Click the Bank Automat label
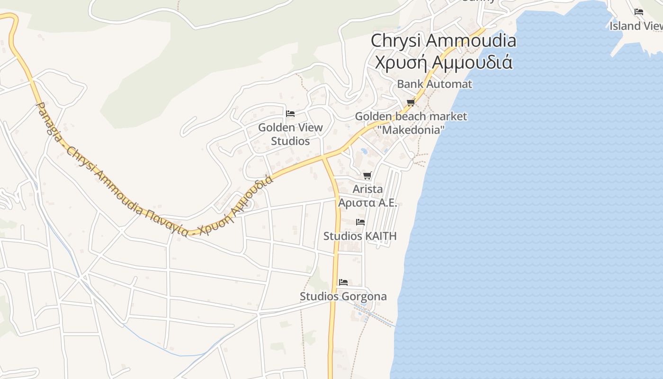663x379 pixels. [x=434, y=84]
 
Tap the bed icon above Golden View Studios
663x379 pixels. [x=290, y=114]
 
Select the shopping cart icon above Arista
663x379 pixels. [x=367, y=176]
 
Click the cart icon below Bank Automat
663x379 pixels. [x=411, y=103]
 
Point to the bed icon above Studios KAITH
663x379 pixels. [x=360, y=222]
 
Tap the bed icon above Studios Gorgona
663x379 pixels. [x=343, y=282]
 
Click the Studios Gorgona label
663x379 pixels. [x=343, y=297]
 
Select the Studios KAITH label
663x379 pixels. [x=360, y=236]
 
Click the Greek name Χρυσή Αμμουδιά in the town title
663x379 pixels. [x=443, y=62]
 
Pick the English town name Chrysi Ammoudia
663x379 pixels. [x=443, y=41]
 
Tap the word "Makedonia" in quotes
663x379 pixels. [x=411, y=130]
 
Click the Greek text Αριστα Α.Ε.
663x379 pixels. [x=367, y=203]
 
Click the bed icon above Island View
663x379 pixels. [x=639, y=12]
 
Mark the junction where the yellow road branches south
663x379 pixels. [x=325, y=156]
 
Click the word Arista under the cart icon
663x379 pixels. [x=367, y=189]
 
